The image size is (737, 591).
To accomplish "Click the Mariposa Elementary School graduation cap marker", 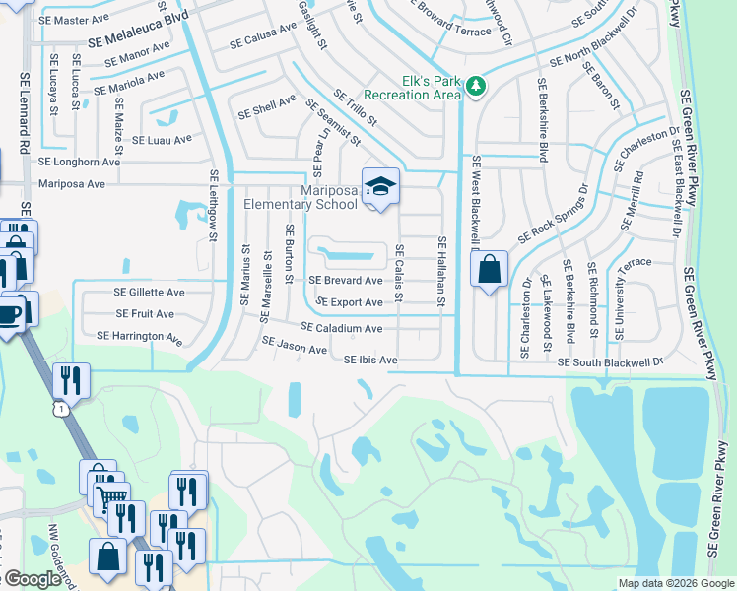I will [379, 187].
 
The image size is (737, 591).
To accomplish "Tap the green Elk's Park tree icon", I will [476, 87].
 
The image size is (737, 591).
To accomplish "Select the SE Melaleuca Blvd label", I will [137, 42].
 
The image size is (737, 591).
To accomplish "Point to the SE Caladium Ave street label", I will [341, 328].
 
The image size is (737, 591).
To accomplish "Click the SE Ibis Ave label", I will [370, 361].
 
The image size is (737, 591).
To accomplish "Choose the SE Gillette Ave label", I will [149, 293].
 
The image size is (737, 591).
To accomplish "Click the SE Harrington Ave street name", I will [139, 337].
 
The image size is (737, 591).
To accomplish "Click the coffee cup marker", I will [9, 314].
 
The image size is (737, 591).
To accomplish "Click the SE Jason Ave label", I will [294, 346].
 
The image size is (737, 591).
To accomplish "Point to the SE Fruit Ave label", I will [145, 314].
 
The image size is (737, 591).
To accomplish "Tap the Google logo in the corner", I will [33, 579].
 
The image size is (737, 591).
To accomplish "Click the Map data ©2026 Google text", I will [676, 583].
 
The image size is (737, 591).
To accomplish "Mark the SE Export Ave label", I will [350, 302].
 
